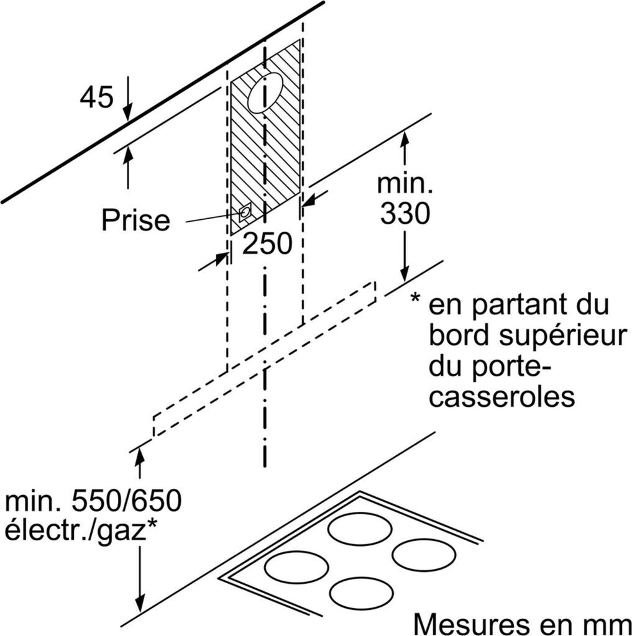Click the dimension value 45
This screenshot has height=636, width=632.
(97, 98)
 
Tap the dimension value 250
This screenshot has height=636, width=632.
(267, 244)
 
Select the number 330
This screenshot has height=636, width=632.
(405, 214)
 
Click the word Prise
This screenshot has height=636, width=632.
(135, 220)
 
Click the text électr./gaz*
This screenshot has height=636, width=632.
(80, 531)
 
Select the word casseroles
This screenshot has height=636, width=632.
(502, 397)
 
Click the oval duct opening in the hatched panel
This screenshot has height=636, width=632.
(265, 92)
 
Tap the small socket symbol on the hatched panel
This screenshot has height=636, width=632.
(245, 212)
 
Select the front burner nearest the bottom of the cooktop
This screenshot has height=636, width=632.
(361, 593)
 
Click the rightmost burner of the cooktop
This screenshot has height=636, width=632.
(424, 554)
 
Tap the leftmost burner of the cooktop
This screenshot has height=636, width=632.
(296, 566)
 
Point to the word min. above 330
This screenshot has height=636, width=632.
(405, 185)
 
